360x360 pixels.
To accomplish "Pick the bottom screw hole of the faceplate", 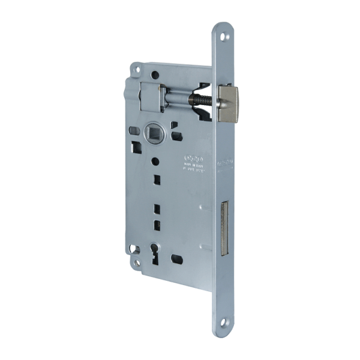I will coord(224,323).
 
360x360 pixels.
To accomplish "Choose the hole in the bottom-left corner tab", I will coord(137,262).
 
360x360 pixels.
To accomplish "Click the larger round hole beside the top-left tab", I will coord(155,74).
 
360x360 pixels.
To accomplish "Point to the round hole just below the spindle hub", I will coord(155,161).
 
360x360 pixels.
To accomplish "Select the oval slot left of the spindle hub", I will coord(134,130).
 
